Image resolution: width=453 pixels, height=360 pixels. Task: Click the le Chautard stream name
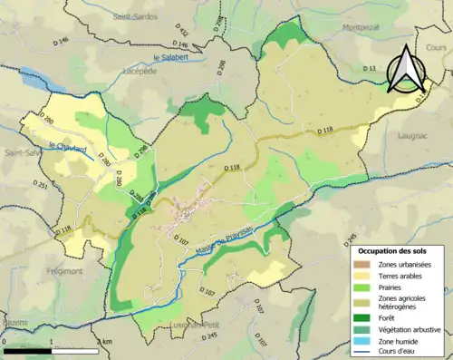[x=67, y=148]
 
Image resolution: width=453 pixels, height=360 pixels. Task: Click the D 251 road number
[x=42, y=185]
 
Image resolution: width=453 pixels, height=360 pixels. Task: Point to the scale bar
[x=50, y=350]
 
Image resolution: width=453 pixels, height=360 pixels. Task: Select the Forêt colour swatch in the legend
[x=365, y=316]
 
